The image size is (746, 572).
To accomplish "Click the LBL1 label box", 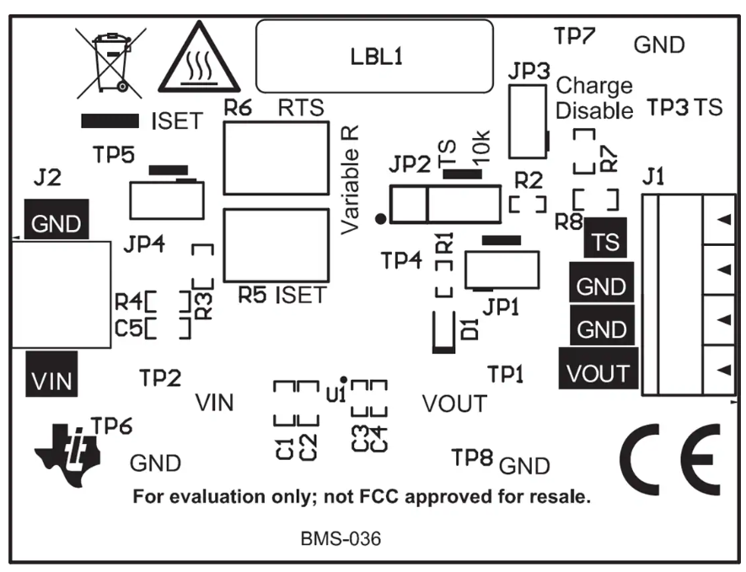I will pos(373,56).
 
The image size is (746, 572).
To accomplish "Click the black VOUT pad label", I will pos(598,372).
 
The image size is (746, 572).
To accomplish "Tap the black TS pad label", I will pos(604,242).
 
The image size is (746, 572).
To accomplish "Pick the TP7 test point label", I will pos(575,36).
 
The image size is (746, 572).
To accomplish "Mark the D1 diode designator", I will pos(469,328).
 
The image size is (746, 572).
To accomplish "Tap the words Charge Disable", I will pos(594,98).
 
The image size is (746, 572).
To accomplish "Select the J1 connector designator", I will pos(654,178).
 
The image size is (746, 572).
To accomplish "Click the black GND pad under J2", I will pos(56,223).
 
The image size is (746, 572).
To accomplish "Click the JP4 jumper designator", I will pos(144,246).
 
